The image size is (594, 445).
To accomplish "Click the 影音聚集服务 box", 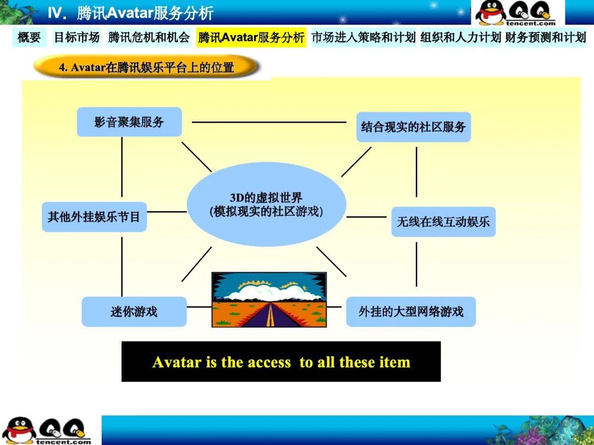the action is click(129, 122).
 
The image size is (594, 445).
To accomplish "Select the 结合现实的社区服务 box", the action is click(414, 127).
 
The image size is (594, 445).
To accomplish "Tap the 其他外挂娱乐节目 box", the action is click(95, 217).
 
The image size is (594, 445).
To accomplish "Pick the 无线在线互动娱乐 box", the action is click(443, 222).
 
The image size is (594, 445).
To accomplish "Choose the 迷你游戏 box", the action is click(134, 312).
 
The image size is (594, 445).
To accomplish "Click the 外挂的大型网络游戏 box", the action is click(411, 312).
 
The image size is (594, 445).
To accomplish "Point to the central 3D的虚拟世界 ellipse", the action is click(266, 205).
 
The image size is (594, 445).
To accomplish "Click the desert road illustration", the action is click(269, 300).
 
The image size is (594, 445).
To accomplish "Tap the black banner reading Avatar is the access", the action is click(281, 362).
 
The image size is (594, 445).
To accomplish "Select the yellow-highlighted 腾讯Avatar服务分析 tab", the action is click(251, 37).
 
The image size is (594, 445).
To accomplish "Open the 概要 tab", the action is click(29, 37).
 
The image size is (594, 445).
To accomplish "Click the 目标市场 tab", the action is click(77, 37).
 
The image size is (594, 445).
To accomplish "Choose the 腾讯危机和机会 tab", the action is click(149, 37).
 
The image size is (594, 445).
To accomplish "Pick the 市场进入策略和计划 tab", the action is click(364, 37).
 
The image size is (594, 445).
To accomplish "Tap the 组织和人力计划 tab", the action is click(461, 37).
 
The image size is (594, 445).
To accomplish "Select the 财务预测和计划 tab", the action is click(546, 37).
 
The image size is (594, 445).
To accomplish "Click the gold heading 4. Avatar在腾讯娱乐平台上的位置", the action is click(146, 67).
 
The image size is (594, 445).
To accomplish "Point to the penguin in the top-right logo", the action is click(491, 13).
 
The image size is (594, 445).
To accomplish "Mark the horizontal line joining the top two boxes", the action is click(269, 122).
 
